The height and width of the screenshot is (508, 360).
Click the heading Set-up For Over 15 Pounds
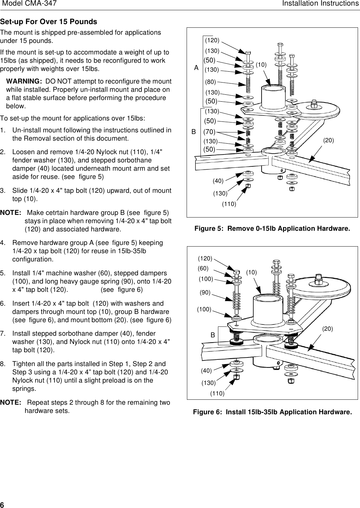click(49, 22)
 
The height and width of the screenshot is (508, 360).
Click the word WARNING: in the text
click(24, 82)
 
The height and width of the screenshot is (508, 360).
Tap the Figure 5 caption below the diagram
click(272, 229)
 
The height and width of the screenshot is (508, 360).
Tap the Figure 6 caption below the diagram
click(272, 412)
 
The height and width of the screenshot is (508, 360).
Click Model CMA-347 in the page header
click(29, 4)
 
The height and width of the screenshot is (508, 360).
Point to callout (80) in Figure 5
click(210, 82)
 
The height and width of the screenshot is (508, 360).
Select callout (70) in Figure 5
click(209, 132)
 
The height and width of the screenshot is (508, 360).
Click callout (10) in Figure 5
click(261, 65)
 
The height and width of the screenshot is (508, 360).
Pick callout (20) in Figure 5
click(328, 141)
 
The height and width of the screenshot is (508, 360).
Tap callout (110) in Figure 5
click(229, 204)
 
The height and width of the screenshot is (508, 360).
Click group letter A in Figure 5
click(197, 68)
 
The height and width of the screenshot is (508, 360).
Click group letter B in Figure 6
click(213, 335)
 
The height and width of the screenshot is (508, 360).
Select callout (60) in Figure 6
click(203, 269)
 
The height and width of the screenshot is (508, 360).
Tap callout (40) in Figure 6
click(206, 371)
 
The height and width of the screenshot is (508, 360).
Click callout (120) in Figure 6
click(205, 258)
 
